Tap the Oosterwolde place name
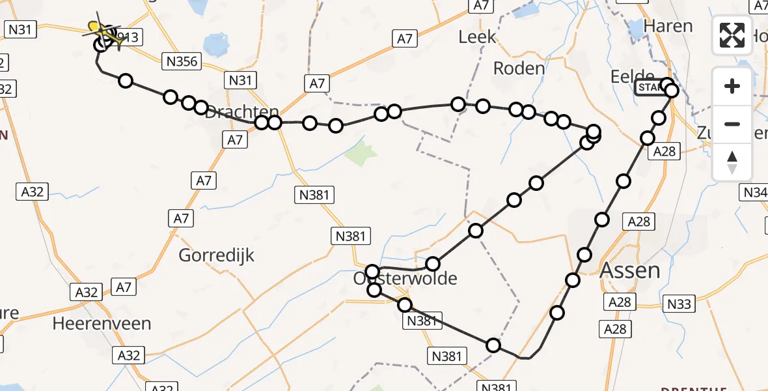tap(405, 279)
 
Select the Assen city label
tap(629, 270)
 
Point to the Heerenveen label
tap(102, 323)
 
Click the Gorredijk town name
tap(217, 254)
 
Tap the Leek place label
tap(477, 37)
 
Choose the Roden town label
tap(519, 68)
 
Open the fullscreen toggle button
tap(732, 35)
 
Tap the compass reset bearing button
tap(732, 162)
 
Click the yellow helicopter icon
tap(103, 31)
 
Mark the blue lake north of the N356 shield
tap(217, 44)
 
